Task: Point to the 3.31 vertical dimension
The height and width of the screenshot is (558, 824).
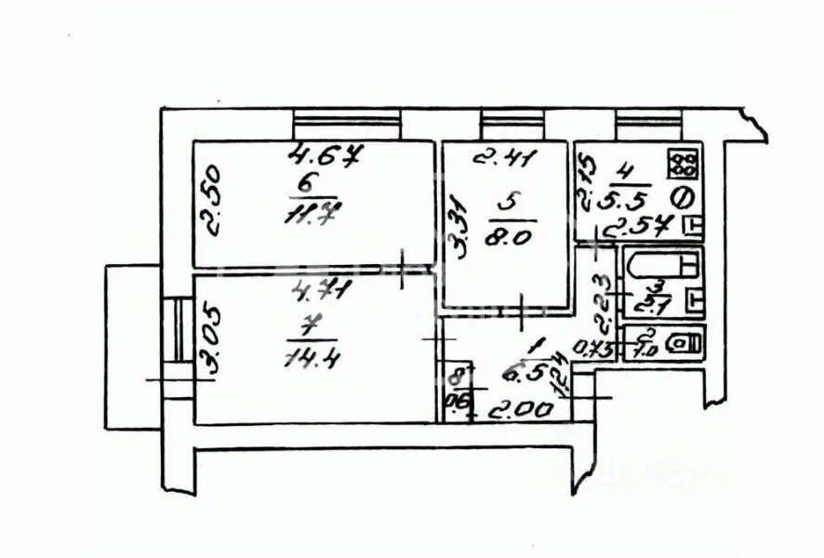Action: pyautogui.click(x=457, y=226)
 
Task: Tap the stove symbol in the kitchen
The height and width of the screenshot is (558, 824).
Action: pyautogui.click(x=684, y=166)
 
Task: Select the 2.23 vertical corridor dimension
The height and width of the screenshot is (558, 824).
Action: pyautogui.click(x=602, y=302)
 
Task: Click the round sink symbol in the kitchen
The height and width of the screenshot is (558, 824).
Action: pyautogui.click(x=681, y=196)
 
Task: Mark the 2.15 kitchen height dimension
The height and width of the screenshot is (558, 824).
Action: pyautogui.click(x=584, y=184)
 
